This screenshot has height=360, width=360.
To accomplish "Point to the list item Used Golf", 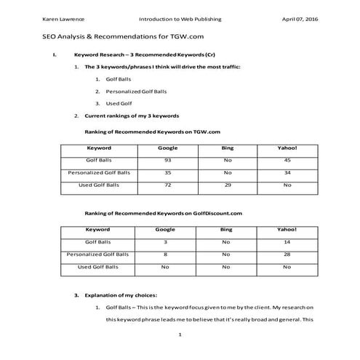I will (119, 103).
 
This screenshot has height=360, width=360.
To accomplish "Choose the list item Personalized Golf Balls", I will (136, 91).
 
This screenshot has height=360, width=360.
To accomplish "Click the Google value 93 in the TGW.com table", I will (167, 160).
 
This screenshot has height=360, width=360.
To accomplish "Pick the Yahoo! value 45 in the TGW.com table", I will (287, 160).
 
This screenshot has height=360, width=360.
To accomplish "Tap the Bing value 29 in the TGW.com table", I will (226, 185).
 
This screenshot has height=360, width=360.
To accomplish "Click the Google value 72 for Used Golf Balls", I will (167, 185).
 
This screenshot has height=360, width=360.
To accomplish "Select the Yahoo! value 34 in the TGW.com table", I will (287, 173).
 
